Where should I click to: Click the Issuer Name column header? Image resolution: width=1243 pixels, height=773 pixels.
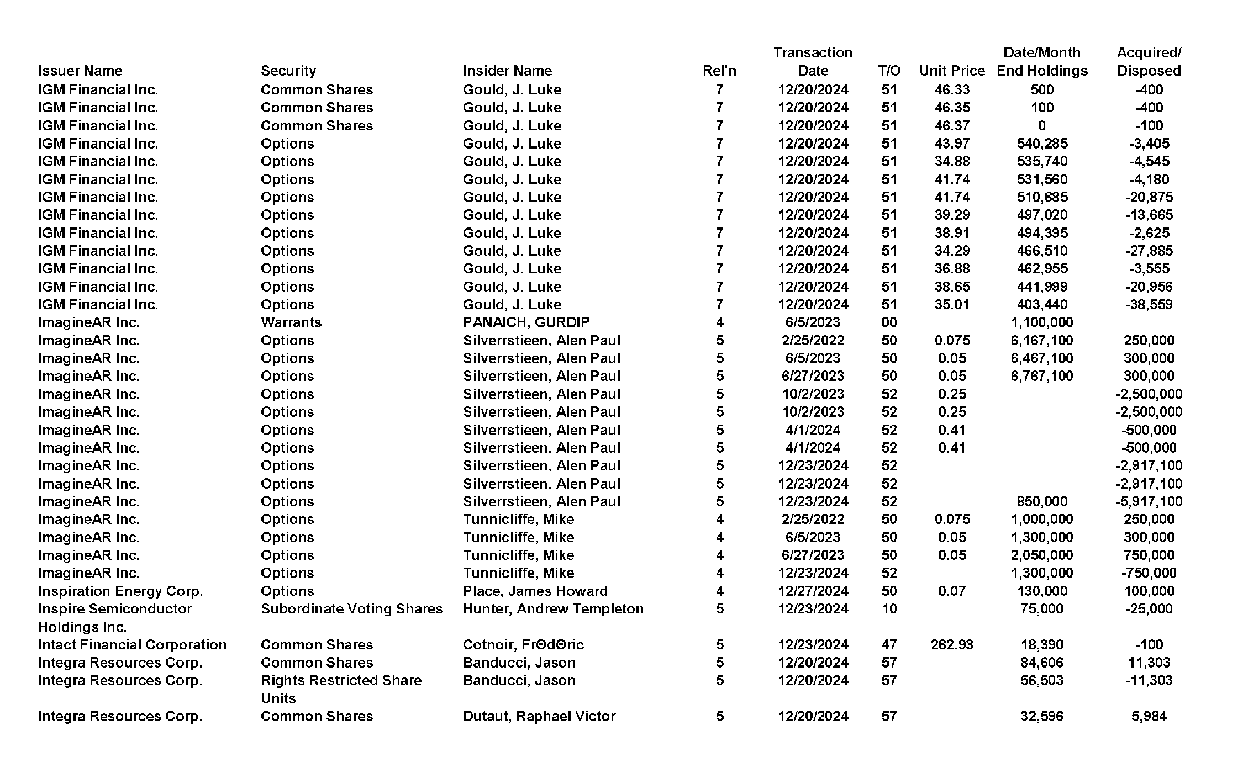click(80, 71)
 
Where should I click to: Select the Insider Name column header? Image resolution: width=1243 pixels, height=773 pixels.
click(507, 71)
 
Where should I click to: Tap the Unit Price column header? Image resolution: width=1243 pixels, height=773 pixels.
click(952, 71)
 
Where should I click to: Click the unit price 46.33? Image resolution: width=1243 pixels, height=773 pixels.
click(952, 89)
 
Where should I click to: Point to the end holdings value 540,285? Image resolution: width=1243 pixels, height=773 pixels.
click(1042, 144)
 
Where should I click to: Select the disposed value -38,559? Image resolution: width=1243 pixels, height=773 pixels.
click(1149, 304)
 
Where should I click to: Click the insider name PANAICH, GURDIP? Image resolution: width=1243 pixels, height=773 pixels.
click(526, 322)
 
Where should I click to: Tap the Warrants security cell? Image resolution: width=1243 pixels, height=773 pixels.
click(291, 322)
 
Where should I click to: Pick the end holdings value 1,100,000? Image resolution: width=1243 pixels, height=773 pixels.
click(1042, 322)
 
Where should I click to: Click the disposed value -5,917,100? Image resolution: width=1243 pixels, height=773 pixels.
click(1149, 501)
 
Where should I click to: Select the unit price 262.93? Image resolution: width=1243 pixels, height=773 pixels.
click(952, 644)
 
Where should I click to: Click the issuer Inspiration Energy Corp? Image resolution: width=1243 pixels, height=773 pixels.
click(120, 591)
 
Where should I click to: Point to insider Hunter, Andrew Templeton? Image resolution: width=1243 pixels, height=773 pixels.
click(553, 608)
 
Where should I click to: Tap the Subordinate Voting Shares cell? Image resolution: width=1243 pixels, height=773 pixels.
click(351, 608)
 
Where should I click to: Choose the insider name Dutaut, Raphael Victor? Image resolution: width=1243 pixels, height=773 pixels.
click(539, 716)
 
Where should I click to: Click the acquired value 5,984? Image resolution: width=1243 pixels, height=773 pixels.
click(1149, 716)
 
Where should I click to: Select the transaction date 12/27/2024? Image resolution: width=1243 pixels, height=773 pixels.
click(813, 591)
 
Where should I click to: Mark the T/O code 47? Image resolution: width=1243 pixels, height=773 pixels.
click(889, 644)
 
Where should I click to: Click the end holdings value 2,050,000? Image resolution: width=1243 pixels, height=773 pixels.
click(1042, 555)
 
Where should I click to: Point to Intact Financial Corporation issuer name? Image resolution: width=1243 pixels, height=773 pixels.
click(132, 644)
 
